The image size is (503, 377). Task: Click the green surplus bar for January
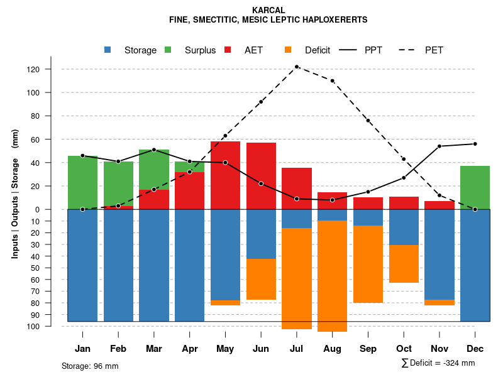82,182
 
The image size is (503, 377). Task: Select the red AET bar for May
225,175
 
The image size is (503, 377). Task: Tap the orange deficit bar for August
332,276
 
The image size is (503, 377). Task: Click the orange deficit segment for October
404,264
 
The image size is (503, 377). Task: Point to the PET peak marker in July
296,67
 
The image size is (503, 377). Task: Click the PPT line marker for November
439,146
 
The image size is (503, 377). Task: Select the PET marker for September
368,121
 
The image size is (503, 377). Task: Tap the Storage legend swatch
108,50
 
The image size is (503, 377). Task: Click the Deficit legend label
318,50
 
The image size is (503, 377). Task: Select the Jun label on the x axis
260,349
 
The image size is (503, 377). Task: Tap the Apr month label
189,349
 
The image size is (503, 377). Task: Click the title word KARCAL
268,11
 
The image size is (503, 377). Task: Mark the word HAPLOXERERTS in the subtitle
334,20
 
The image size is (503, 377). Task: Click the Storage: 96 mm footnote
90,366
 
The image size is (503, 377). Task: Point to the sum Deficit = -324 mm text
438,363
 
